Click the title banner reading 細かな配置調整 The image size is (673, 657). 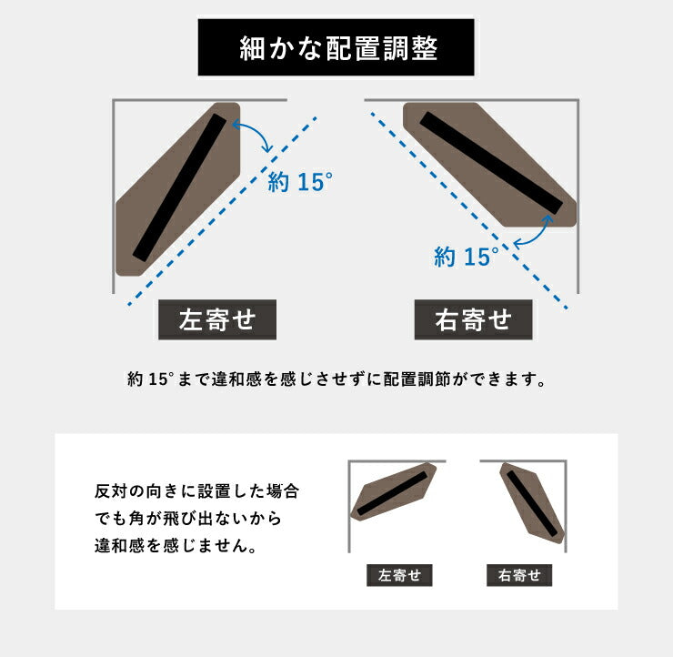[x=337, y=49]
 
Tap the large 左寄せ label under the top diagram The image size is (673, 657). [x=217, y=320]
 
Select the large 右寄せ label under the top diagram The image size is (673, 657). [x=473, y=320]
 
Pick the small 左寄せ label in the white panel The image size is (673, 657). [x=398, y=575]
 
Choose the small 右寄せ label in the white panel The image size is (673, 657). [x=519, y=575]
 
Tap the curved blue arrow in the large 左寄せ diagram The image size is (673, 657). [x=257, y=137]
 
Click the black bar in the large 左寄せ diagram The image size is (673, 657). [x=179, y=187]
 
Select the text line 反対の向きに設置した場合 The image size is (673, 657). [x=196, y=491]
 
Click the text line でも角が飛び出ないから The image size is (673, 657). [x=187, y=519]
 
